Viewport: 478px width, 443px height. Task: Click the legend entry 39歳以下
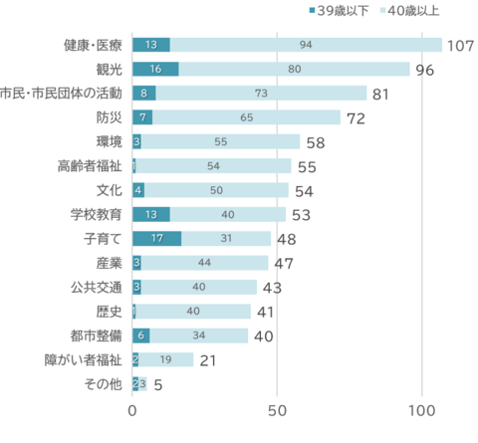click(343, 11)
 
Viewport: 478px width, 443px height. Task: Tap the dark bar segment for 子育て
click(156, 239)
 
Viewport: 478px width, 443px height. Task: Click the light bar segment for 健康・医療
click(306, 45)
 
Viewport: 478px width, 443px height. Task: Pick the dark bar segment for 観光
click(155, 70)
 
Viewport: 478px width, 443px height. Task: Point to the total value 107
click(460, 46)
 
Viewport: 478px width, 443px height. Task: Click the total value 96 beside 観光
click(425, 70)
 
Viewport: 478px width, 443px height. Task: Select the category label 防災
click(109, 117)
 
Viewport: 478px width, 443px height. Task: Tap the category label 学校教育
click(97, 214)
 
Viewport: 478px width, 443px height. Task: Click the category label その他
click(104, 383)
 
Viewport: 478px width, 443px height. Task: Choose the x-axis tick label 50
click(278, 409)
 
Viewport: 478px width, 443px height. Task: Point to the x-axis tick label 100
click(422, 409)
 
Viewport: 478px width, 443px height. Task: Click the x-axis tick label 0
click(132, 409)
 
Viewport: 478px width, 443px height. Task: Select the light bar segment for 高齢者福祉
click(213, 166)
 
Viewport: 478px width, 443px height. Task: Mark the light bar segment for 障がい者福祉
click(166, 359)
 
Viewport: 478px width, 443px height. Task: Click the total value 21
click(208, 359)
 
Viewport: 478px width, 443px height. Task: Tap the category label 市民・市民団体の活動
click(62, 94)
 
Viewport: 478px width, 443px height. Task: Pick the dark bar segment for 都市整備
click(141, 335)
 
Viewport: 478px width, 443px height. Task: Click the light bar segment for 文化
click(216, 190)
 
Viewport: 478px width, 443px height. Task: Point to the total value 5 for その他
click(158, 384)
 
